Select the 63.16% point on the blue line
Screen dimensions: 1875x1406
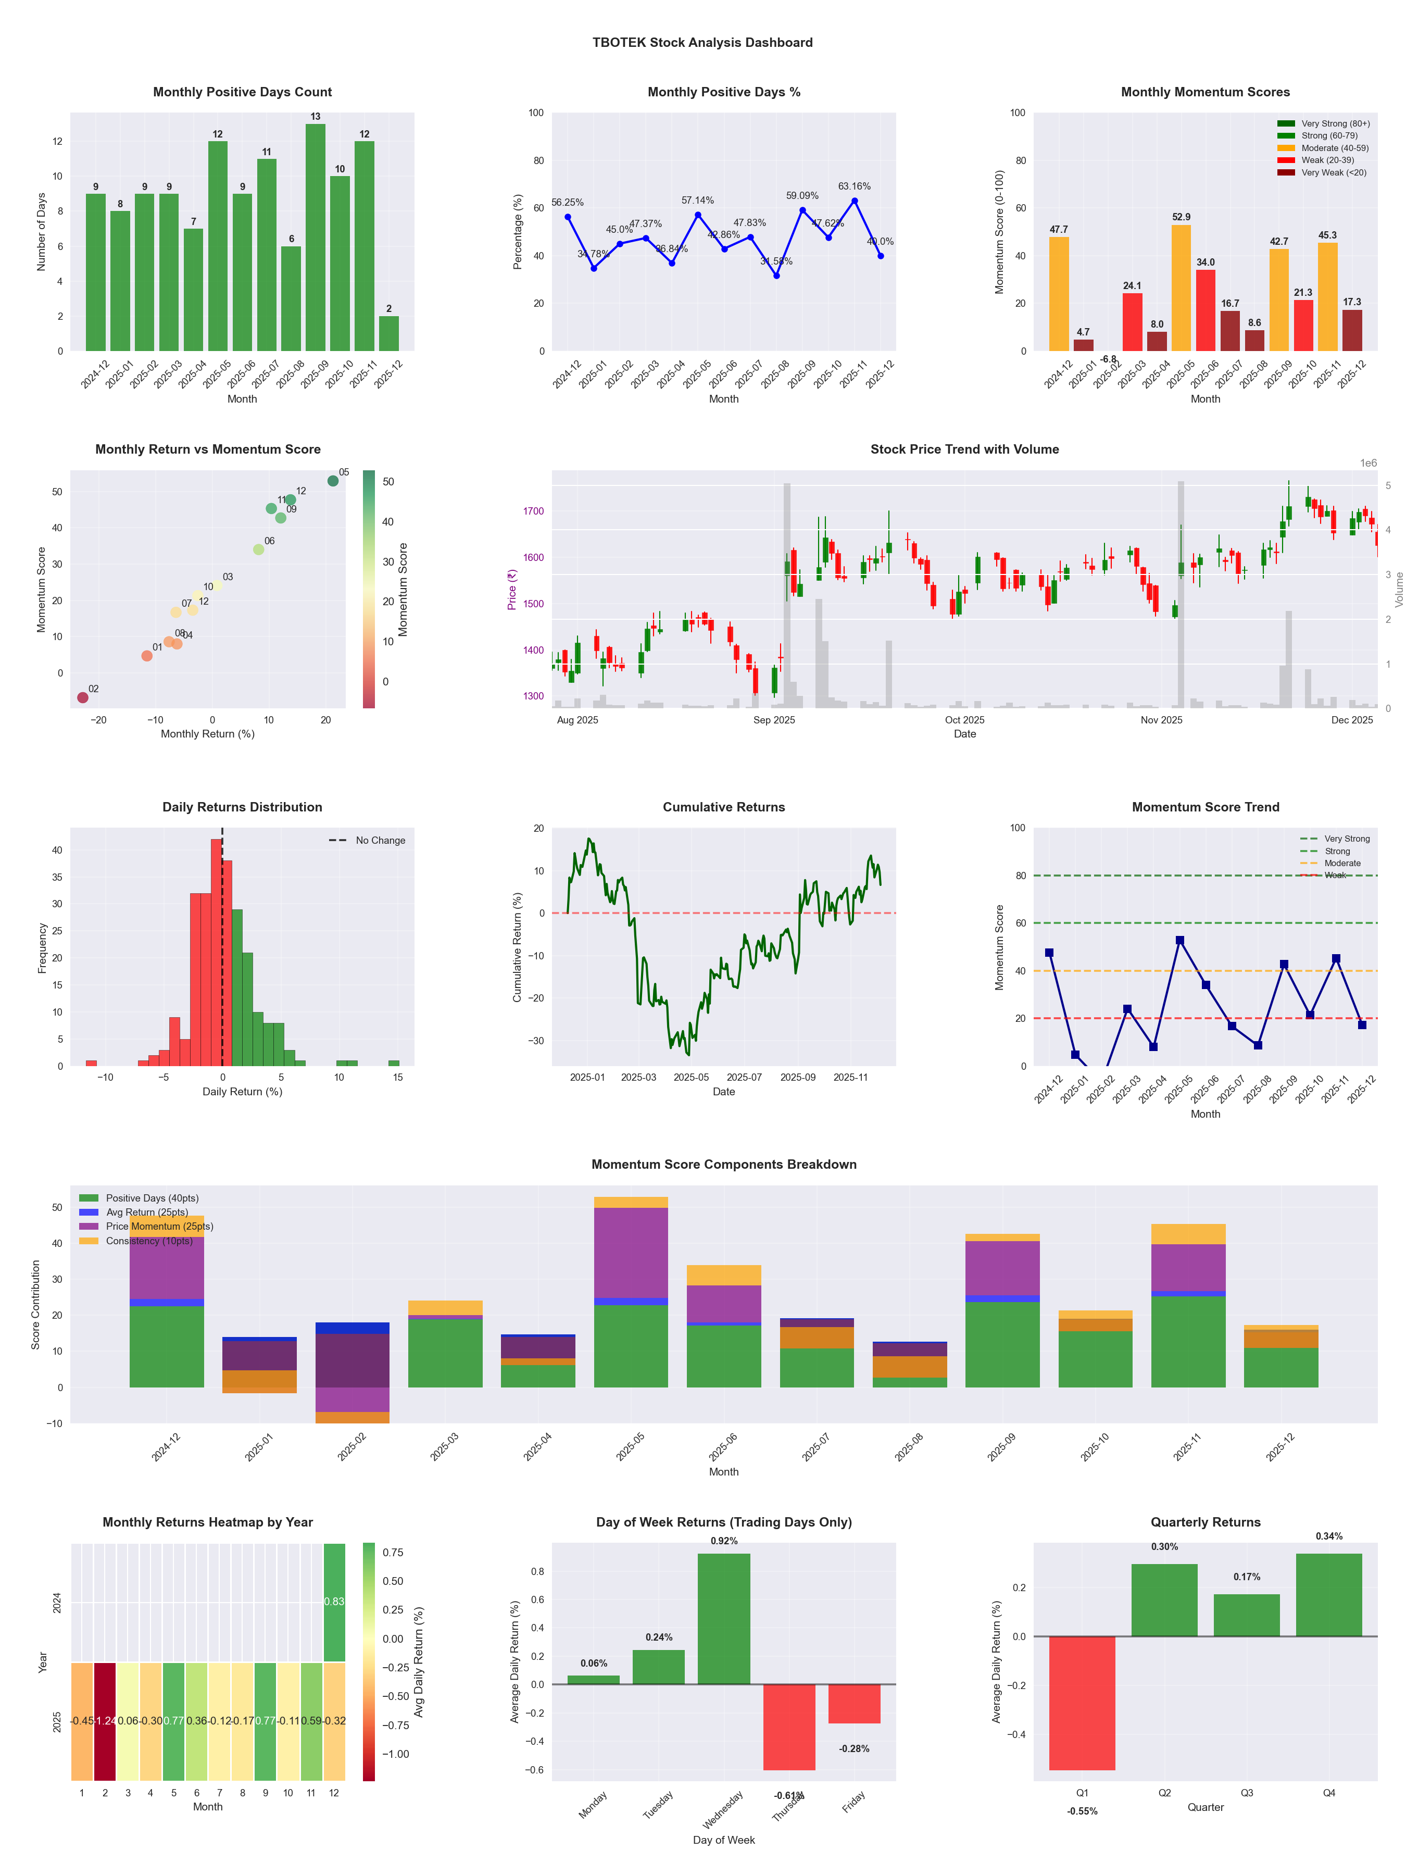coord(855,201)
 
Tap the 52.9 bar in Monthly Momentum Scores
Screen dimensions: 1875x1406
coord(1181,287)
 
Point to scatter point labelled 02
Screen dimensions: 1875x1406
coord(82,697)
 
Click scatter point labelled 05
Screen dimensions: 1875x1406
coord(333,481)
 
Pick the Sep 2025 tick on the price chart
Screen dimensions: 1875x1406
coord(774,720)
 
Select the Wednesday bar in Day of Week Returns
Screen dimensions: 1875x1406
coord(724,1618)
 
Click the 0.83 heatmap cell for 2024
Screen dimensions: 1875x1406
coord(334,1601)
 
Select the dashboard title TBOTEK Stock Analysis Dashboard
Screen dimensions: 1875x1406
coord(702,42)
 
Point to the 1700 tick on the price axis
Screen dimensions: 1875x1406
coord(533,511)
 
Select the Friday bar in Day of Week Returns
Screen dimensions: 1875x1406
coord(855,1703)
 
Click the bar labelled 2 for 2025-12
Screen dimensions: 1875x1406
coord(389,333)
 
